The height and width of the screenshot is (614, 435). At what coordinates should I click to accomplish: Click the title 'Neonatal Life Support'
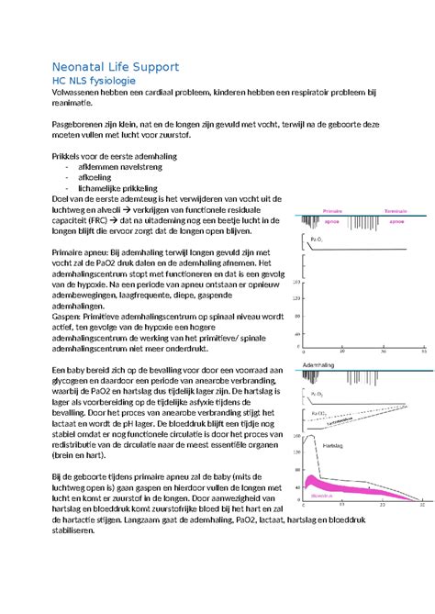(115, 67)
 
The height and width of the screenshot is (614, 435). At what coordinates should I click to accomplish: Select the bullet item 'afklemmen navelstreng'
(125, 166)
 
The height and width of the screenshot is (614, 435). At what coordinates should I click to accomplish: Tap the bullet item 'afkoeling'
(98, 178)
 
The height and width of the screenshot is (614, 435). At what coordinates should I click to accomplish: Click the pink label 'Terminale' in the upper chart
(397, 208)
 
